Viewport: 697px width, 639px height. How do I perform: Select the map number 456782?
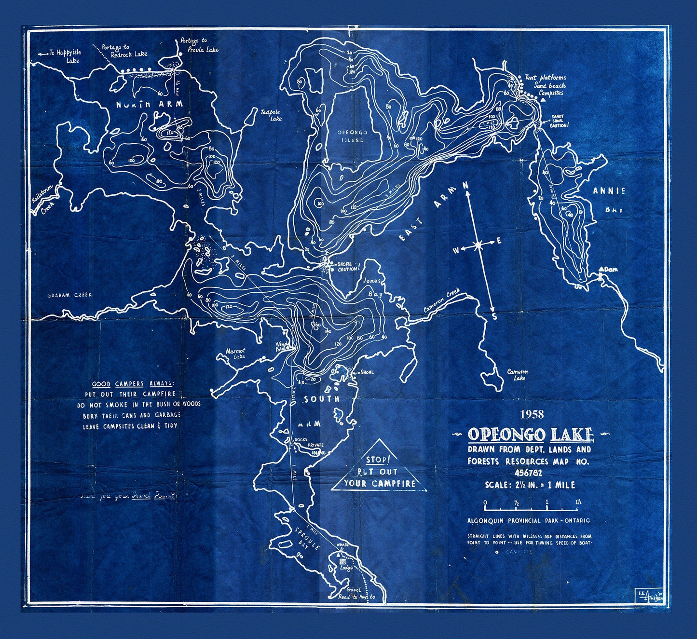pos(529,473)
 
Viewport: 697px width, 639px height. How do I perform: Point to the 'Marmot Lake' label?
pos(236,353)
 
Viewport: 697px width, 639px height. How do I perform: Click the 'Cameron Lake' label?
pos(518,375)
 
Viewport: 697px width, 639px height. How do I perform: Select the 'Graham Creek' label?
pos(69,295)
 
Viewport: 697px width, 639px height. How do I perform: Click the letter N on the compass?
pos(466,185)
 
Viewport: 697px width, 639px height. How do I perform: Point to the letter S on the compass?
pos(494,317)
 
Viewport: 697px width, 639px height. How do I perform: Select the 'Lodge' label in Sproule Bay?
pos(346,568)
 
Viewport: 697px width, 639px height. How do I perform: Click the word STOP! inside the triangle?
pos(376,460)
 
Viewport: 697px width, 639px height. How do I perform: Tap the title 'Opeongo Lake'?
pos(530,435)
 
